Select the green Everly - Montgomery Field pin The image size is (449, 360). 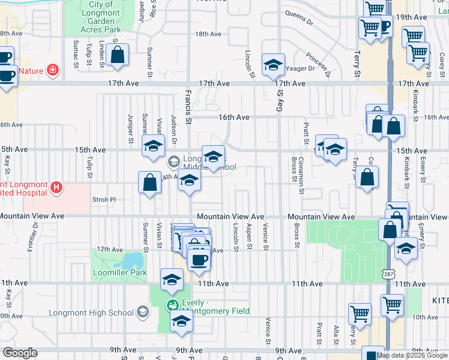pos(173,305)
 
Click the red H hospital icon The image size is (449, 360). pos(56,188)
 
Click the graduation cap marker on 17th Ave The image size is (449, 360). pos(273,64)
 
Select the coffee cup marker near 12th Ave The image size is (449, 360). pos(199,260)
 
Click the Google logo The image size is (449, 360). pos(20,353)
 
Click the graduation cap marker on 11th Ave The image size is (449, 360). pos(172,278)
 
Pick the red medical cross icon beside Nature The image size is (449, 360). pos(53,71)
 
